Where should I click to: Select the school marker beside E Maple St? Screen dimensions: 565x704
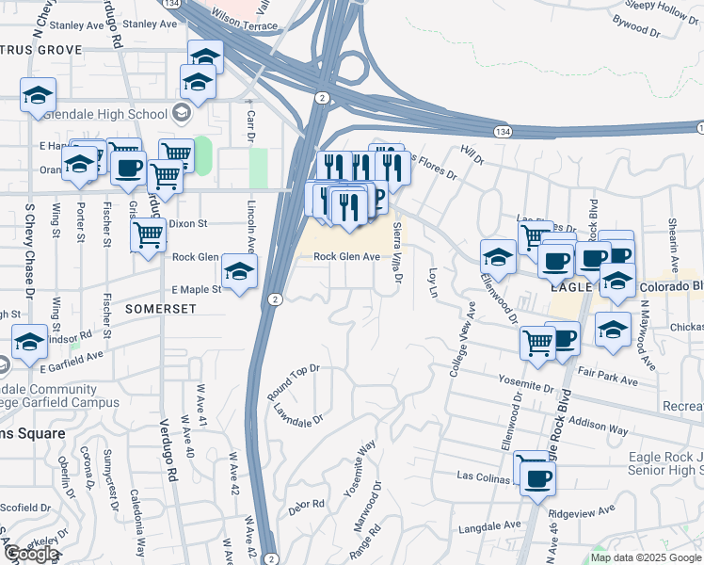(x=239, y=273)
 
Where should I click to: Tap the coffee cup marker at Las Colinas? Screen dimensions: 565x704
(x=536, y=476)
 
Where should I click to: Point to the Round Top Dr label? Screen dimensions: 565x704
(x=294, y=380)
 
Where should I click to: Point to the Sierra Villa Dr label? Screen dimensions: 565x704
(x=397, y=253)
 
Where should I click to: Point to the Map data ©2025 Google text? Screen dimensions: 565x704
(x=646, y=557)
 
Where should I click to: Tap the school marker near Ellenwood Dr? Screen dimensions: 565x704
(x=497, y=256)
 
